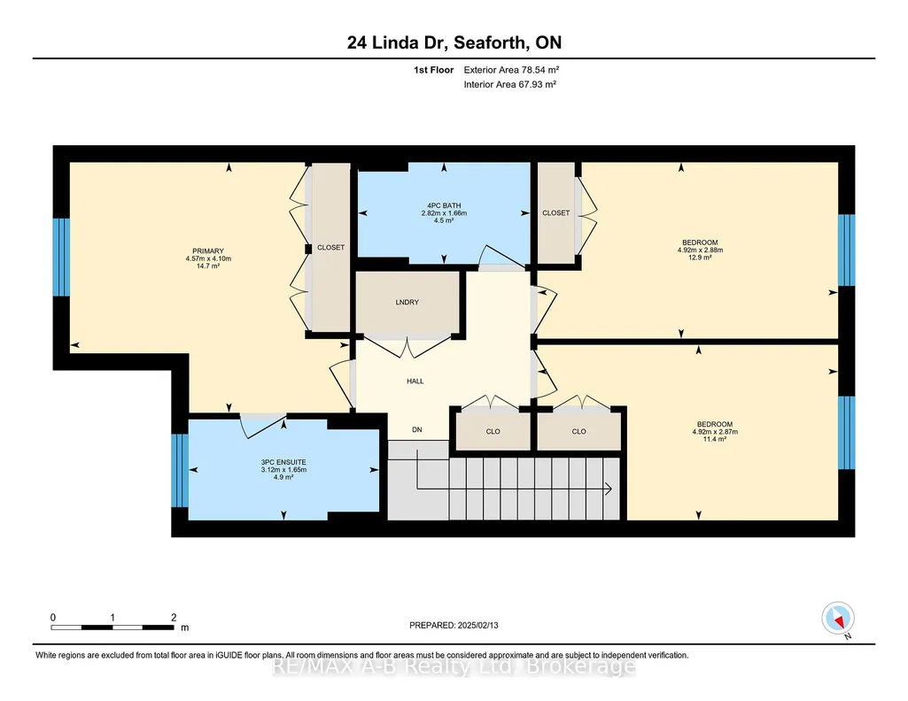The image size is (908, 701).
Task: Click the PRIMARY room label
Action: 208,251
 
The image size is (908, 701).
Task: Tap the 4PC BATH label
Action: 444,205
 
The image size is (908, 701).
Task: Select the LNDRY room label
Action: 407,302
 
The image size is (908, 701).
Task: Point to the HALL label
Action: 415,381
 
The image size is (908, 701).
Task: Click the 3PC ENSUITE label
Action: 283,462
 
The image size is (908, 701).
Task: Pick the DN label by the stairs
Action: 417,430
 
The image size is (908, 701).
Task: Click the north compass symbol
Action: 838,619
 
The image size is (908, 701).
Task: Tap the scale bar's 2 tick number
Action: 174,617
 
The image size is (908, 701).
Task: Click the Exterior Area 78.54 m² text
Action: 511,70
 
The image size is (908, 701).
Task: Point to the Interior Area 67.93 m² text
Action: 510,84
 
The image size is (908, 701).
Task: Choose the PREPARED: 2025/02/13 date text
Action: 454,625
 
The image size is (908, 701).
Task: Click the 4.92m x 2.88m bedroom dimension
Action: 700,250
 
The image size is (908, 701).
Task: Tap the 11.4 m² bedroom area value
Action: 715,439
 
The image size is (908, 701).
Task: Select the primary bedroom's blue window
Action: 61,257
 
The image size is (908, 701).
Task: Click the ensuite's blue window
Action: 180,470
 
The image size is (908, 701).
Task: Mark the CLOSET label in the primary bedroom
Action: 330,248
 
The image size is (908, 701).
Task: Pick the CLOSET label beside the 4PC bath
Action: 556,212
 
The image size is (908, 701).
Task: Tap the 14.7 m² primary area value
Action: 208,266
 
